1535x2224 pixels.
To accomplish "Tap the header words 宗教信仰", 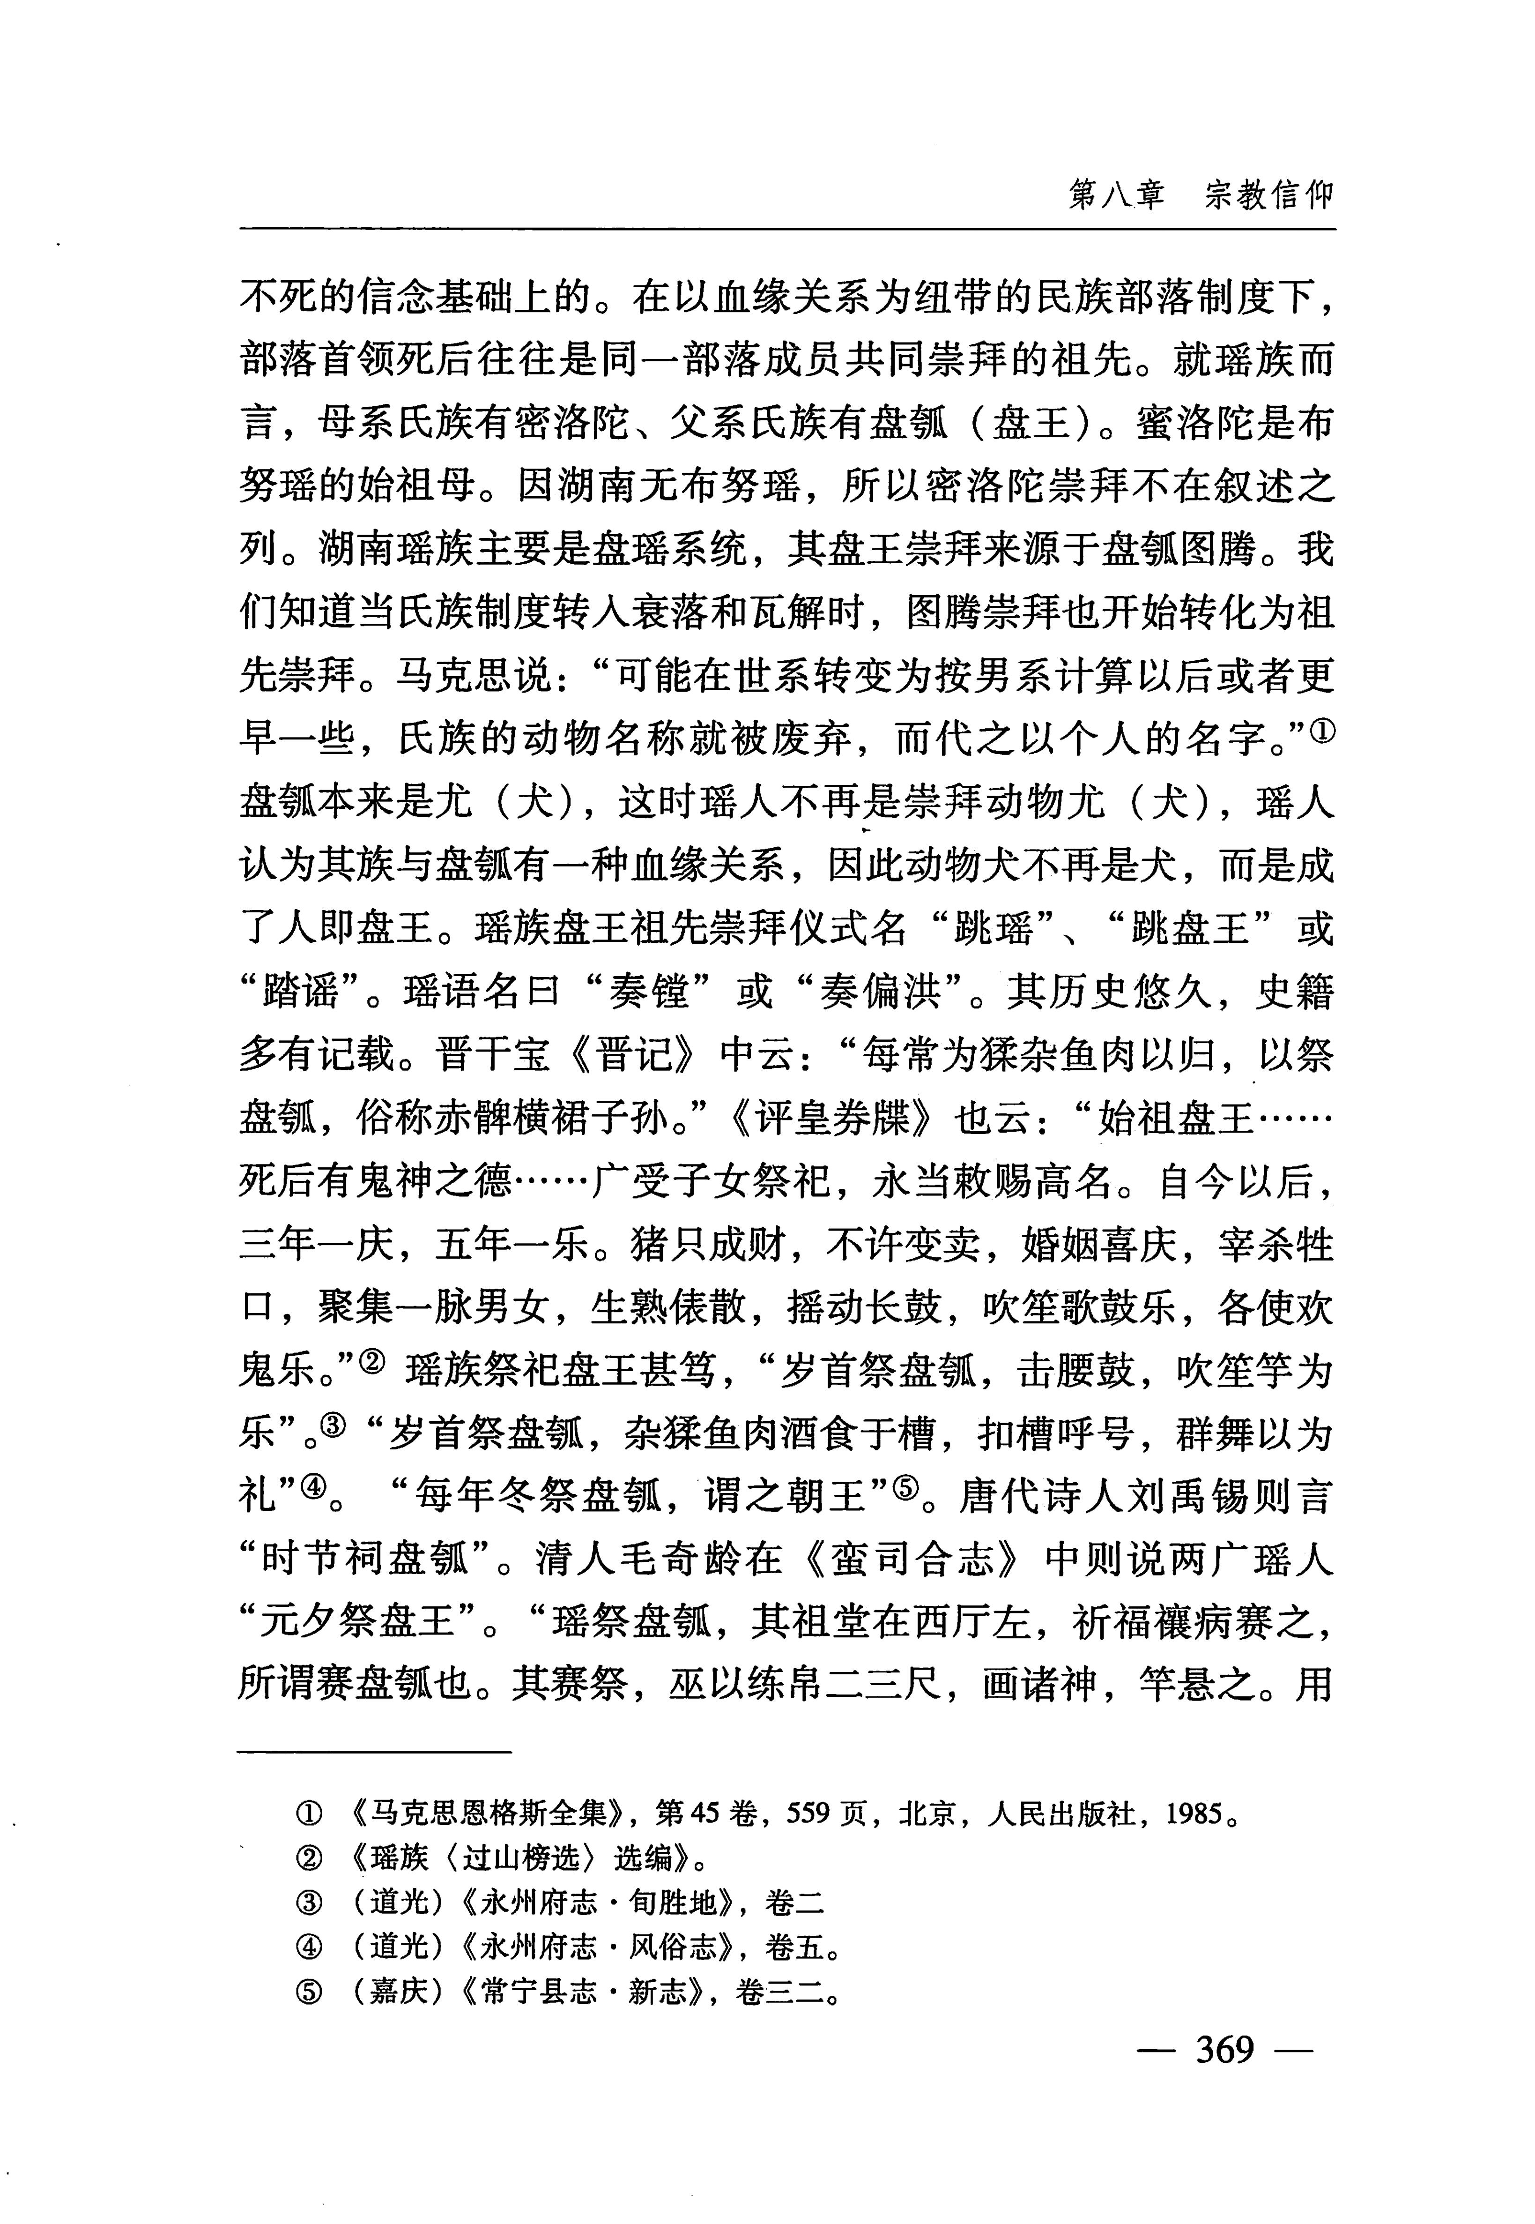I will point(1269,195).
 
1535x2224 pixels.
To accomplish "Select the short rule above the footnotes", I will point(375,1753).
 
